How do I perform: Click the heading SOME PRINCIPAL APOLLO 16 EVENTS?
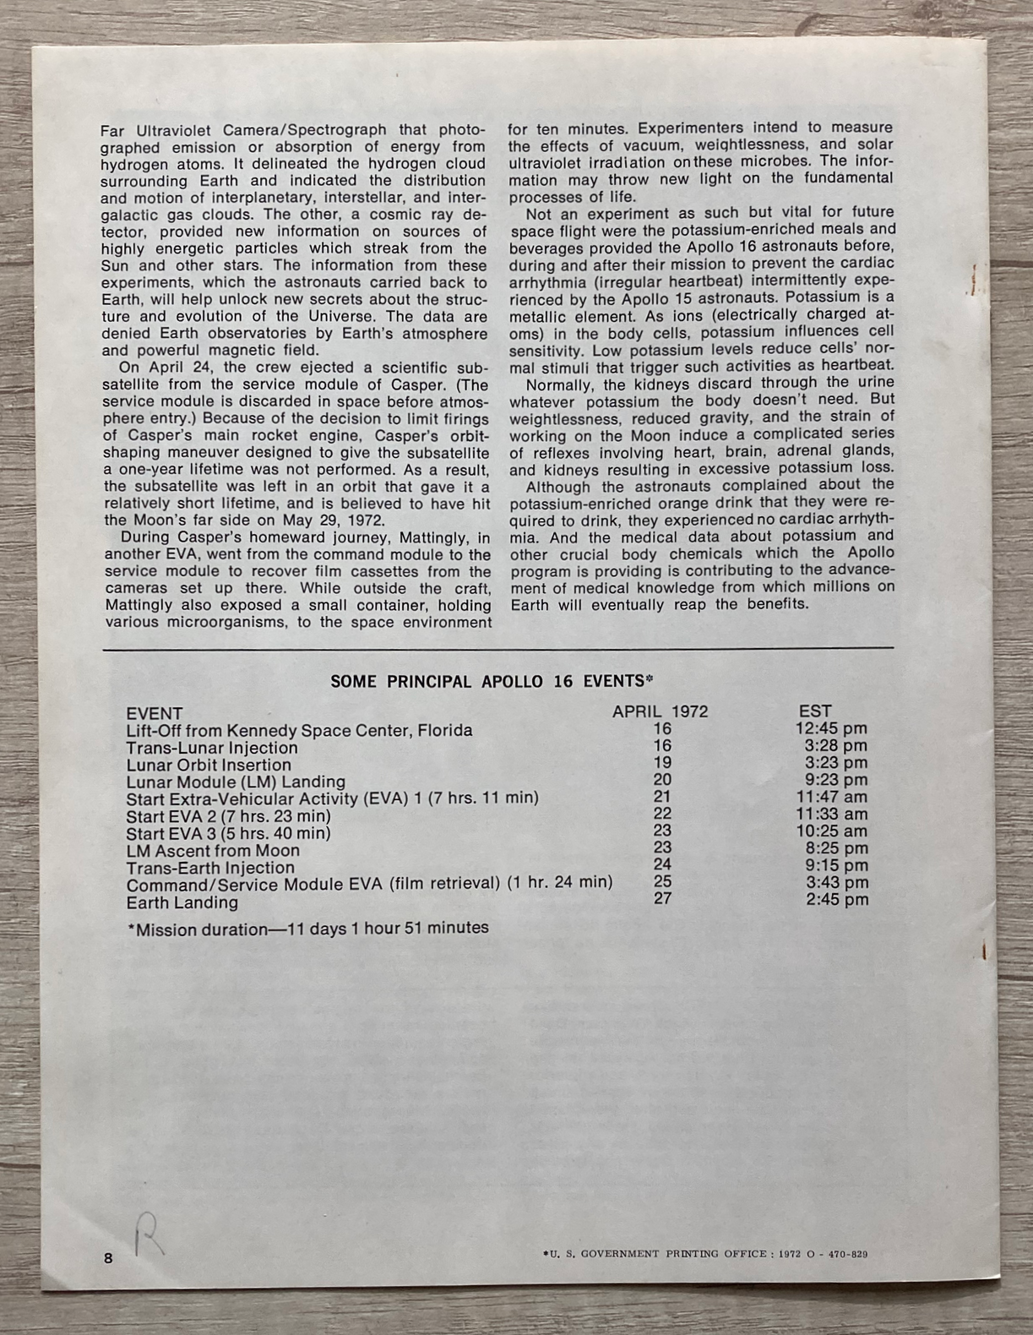[x=493, y=681]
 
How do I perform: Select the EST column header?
[x=815, y=711]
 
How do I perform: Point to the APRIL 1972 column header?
[x=661, y=711]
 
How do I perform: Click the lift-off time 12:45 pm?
[x=831, y=728]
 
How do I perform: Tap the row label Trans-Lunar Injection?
[x=212, y=748]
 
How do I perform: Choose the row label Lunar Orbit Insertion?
[x=209, y=766]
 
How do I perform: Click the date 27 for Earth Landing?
[x=662, y=898]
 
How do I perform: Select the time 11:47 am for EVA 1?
[x=831, y=797]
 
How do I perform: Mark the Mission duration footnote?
[x=307, y=929]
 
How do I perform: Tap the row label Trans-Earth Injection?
[x=210, y=868]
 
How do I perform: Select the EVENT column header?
[x=154, y=713]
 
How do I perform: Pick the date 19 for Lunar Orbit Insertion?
[x=662, y=763]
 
